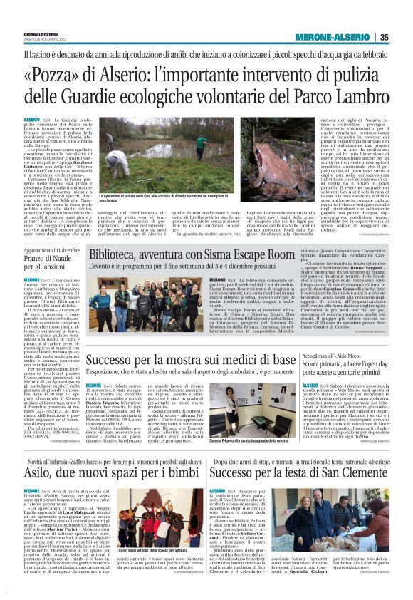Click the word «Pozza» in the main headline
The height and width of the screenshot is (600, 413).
point(60,74)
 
